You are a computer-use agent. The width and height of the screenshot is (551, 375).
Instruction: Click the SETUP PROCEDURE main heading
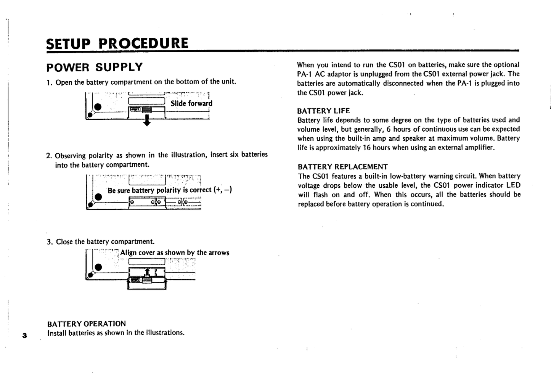click(117, 43)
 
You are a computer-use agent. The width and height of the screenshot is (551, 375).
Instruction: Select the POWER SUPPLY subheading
click(94, 68)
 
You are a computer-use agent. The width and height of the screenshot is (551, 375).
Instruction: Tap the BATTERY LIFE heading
click(323, 111)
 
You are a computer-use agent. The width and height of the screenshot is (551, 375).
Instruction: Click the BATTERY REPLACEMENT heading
click(342, 167)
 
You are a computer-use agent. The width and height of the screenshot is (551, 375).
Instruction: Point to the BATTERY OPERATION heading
click(86, 324)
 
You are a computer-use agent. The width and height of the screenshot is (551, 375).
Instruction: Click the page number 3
click(25, 336)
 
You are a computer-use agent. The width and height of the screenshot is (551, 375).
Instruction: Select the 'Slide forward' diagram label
click(191, 103)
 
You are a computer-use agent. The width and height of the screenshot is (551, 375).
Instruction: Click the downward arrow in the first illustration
click(146, 121)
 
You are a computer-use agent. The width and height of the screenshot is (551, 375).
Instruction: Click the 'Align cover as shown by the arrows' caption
click(175, 253)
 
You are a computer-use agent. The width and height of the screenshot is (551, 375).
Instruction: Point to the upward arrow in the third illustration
click(147, 271)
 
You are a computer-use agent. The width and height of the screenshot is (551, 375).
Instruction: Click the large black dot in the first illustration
click(98, 106)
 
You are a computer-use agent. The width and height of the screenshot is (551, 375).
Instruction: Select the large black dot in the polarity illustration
click(98, 197)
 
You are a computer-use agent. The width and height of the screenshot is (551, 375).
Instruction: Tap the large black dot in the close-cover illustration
click(98, 267)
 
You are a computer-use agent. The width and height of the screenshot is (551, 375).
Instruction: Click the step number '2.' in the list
click(49, 156)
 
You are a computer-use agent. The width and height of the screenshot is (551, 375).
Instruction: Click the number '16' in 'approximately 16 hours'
click(366, 148)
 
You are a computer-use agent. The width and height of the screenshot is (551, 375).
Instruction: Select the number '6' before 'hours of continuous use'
click(388, 129)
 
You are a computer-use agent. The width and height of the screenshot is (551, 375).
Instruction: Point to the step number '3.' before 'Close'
click(50, 242)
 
